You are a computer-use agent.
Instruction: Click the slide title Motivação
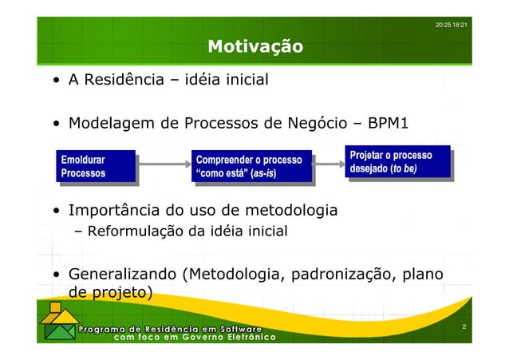click(x=254, y=47)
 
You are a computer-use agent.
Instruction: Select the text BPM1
click(x=389, y=124)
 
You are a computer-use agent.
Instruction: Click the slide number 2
click(x=464, y=327)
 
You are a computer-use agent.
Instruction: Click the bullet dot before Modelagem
click(x=57, y=125)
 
